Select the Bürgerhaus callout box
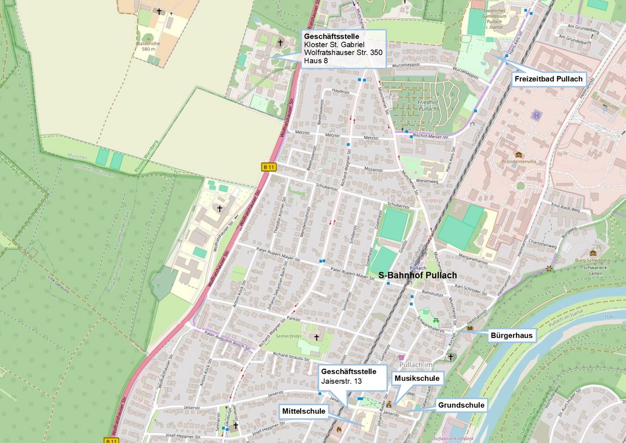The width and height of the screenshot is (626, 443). (x=512, y=335)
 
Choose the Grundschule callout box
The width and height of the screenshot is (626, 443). (x=461, y=405)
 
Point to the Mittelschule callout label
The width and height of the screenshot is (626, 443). (x=303, y=411)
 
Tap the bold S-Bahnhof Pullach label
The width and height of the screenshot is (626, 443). (x=418, y=276)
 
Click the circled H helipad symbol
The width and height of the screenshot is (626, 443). (x=537, y=116)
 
